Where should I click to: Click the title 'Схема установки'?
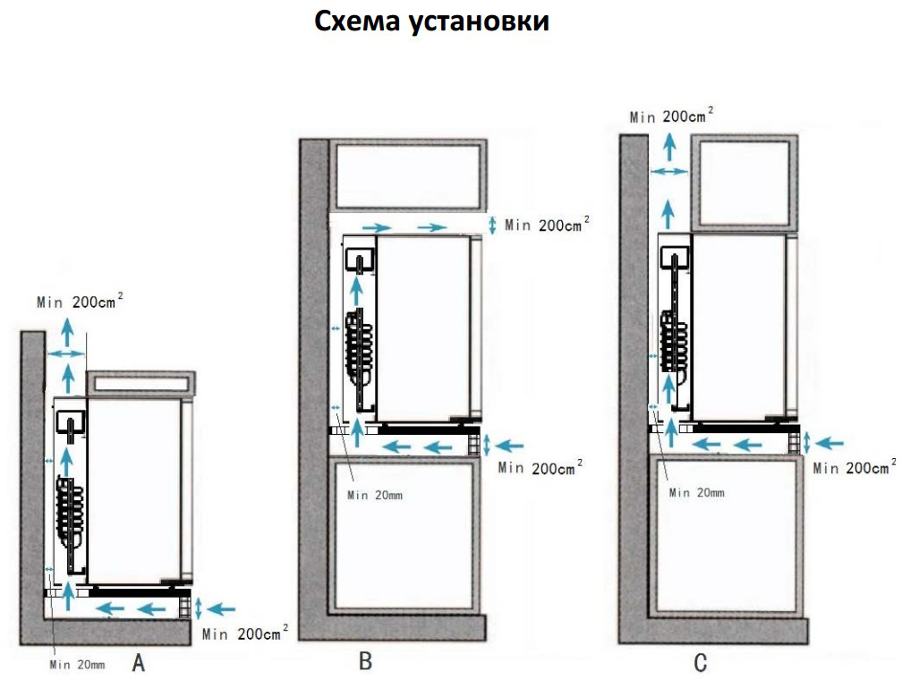pyautogui.click(x=431, y=21)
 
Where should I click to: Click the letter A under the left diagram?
pyautogui.click(x=138, y=663)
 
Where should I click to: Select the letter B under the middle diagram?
pyautogui.click(x=365, y=660)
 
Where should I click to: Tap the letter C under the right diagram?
pyautogui.click(x=700, y=663)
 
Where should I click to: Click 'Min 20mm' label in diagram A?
pyautogui.click(x=77, y=665)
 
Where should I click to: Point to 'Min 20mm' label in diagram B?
pyautogui.click(x=375, y=495)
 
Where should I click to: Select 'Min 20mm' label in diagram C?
pyautogui.click(x=696, y=492)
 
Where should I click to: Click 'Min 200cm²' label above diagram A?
pyautogui.click(x=80, y=301)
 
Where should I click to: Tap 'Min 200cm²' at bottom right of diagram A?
pyautogui.click(x=245, y=633)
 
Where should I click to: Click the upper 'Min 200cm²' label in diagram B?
pyautogui.click(x=547, y=225)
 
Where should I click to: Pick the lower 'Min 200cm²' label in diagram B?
pyautogui.click(x=540, y=467)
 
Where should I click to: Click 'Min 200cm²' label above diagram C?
pyautogui.click(x=671, y=115)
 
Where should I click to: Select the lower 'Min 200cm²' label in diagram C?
pyautogui.click(x=855, y=467)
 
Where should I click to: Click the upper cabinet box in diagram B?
pyautogui.click(x=408, y=176)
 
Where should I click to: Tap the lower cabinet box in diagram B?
pyautogui.click(x=404, y=536)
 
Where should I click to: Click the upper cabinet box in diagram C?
pyautogui.click(x=744, y=183)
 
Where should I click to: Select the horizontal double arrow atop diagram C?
pyautogui.click(x=669, y=171)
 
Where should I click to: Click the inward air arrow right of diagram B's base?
pyautogui.click(x=509, y=446)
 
